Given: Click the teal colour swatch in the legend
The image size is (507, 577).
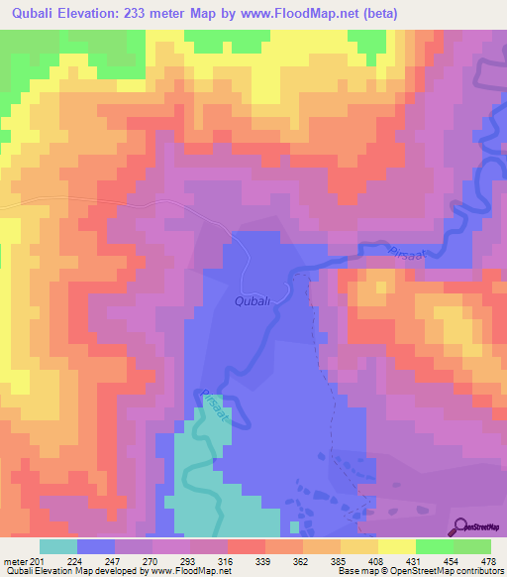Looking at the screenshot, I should (58, 546).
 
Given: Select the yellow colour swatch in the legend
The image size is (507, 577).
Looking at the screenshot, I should (397, 546).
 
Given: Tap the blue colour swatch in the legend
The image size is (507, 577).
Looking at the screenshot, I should (96, 546).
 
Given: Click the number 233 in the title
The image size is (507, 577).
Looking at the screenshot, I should (139, 13).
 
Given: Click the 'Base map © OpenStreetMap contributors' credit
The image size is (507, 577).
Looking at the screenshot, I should (418, 571).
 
